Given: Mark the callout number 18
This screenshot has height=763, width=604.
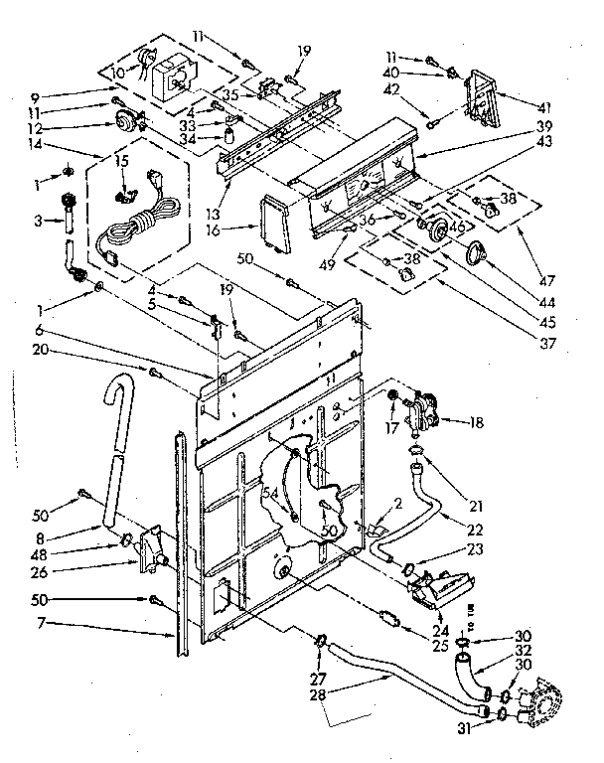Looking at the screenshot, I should [479, 394].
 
